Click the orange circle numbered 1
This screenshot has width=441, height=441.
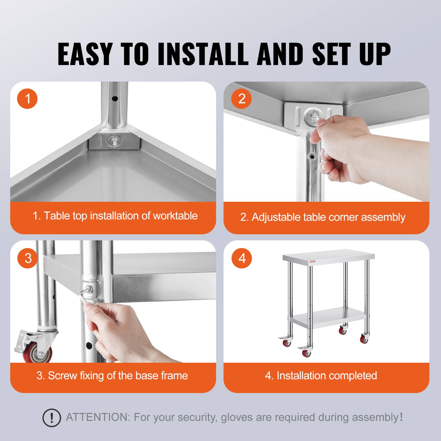coord(27,98)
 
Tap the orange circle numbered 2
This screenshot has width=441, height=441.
coord(241,98)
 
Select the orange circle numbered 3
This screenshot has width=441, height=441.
coord(28,258)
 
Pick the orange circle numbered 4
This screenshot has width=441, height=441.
coord(242,258)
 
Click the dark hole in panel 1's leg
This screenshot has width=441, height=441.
coord(115,98)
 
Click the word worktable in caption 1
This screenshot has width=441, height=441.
coord(175,216)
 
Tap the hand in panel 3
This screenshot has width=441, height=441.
coord(116,325)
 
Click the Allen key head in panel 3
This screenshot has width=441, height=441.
coord(89,289)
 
